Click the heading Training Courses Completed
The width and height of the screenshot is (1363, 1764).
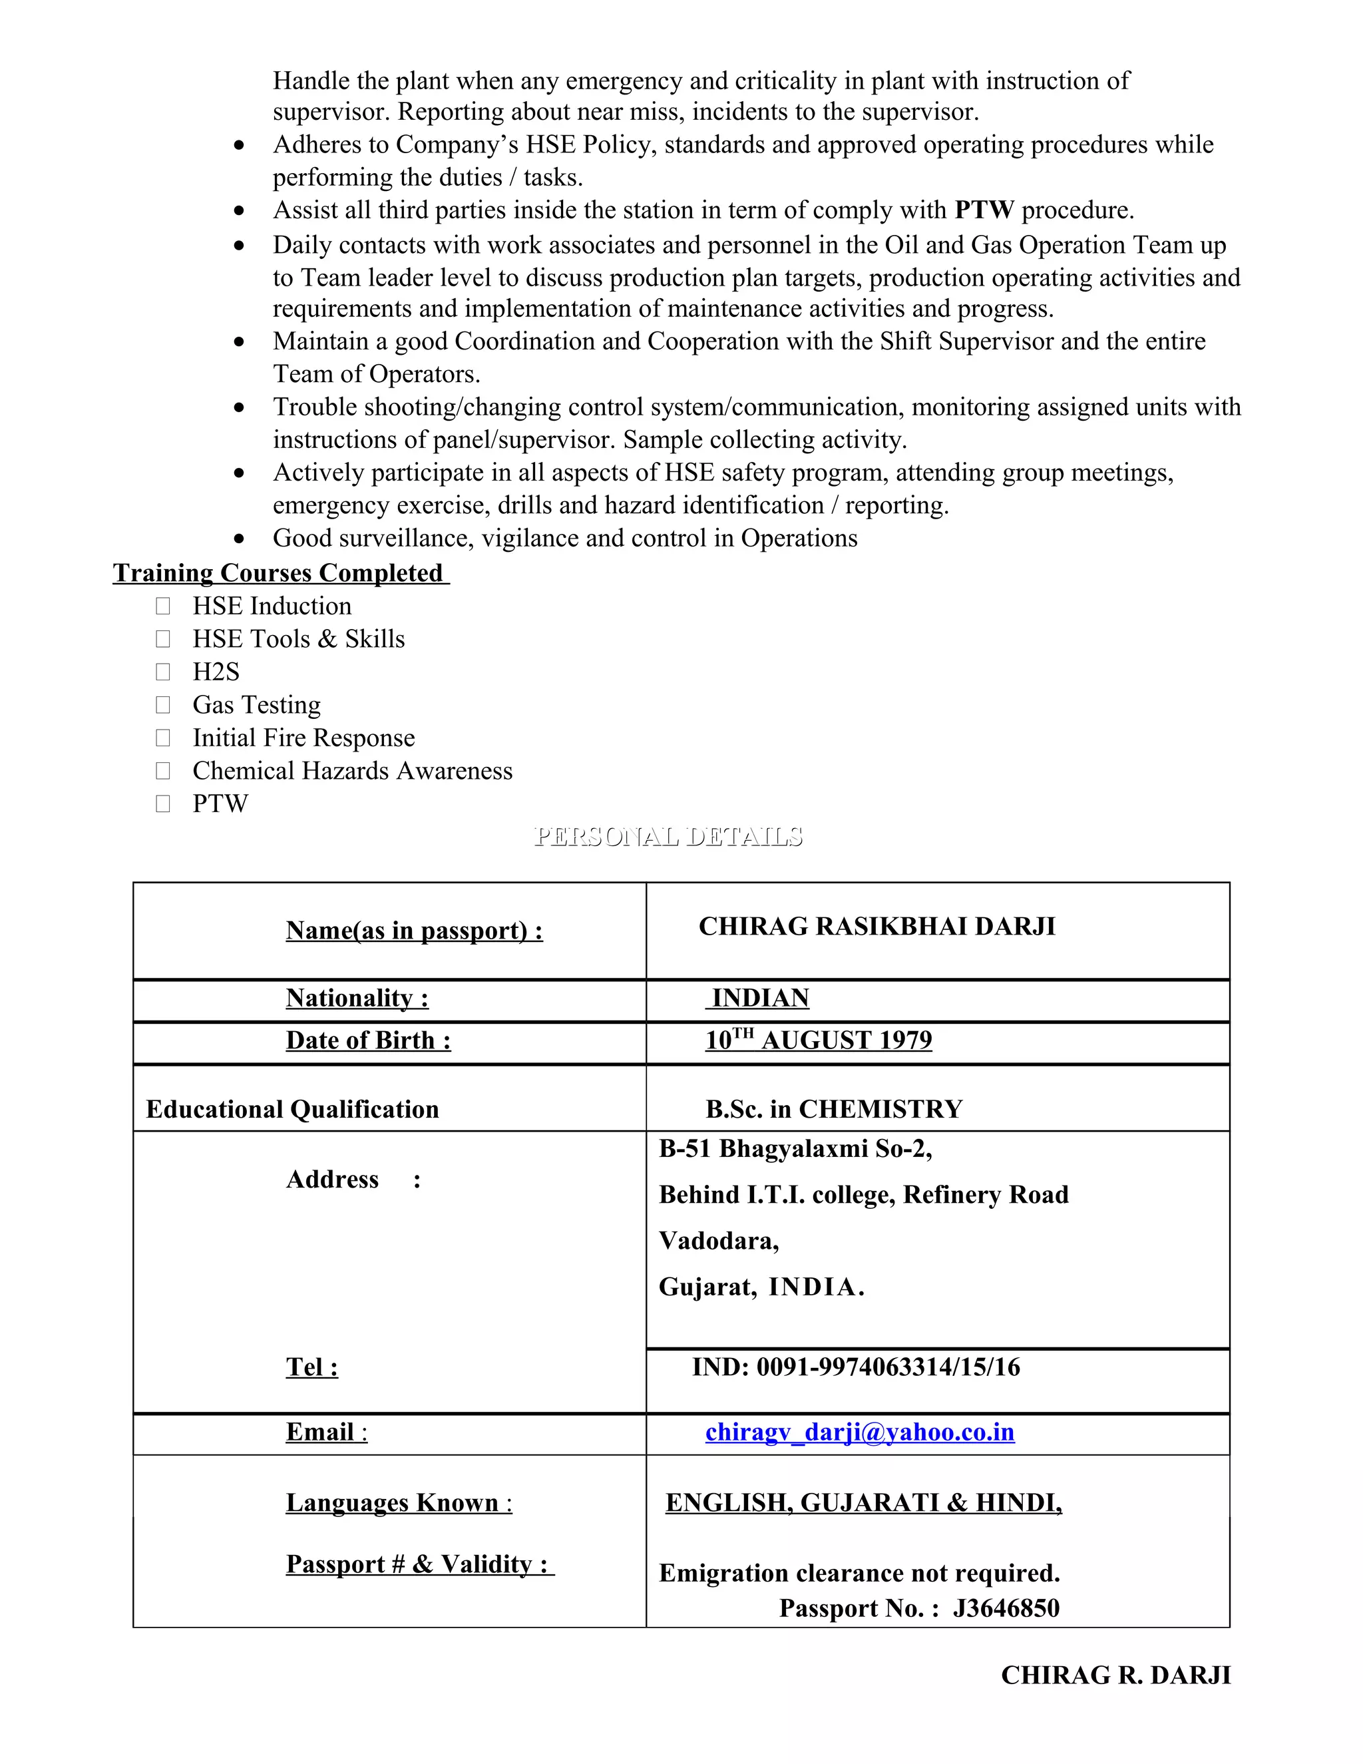pyautogui.click(x=280, y=572)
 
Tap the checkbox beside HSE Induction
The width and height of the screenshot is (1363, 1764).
pyautogui.click(x=163, y=606)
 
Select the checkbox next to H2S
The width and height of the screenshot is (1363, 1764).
pyautogui.click(x=163, y=672)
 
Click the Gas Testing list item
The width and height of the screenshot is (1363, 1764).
pyautogui.click(x=256, y=705)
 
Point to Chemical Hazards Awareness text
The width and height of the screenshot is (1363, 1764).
pyautogui.click(x=352, y=772)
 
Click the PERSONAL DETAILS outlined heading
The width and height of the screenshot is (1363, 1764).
pyautogui.click(x=668, y=836)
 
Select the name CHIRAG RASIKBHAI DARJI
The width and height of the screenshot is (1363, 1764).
pyautogui.click(x=876, y=927)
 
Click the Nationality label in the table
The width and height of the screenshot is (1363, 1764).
pyautogui.click(x=357, y=998)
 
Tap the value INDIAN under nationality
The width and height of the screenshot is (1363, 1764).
pyautogui.click(x=759, y=998)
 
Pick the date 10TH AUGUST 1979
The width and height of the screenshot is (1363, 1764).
pyautogui.click(x=818, y=1040)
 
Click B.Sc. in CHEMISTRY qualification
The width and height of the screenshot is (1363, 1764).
pyautogui.click(x=833, y=1109)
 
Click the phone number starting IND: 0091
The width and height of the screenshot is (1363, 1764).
pyautogui.click(x=856, y=1367)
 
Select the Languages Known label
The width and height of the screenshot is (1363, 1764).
pyautogui.click(x=398, y=1503)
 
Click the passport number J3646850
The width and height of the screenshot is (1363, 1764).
pyautogui.click(x=1006, y=1608)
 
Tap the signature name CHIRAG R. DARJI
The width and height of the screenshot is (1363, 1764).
pyautogui.click(x=1115, y=1675)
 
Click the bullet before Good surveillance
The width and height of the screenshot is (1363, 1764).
pyautogui.click(x=239, y=539)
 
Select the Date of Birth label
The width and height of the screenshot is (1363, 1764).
pyautogui.click(x=368, y=1040)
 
